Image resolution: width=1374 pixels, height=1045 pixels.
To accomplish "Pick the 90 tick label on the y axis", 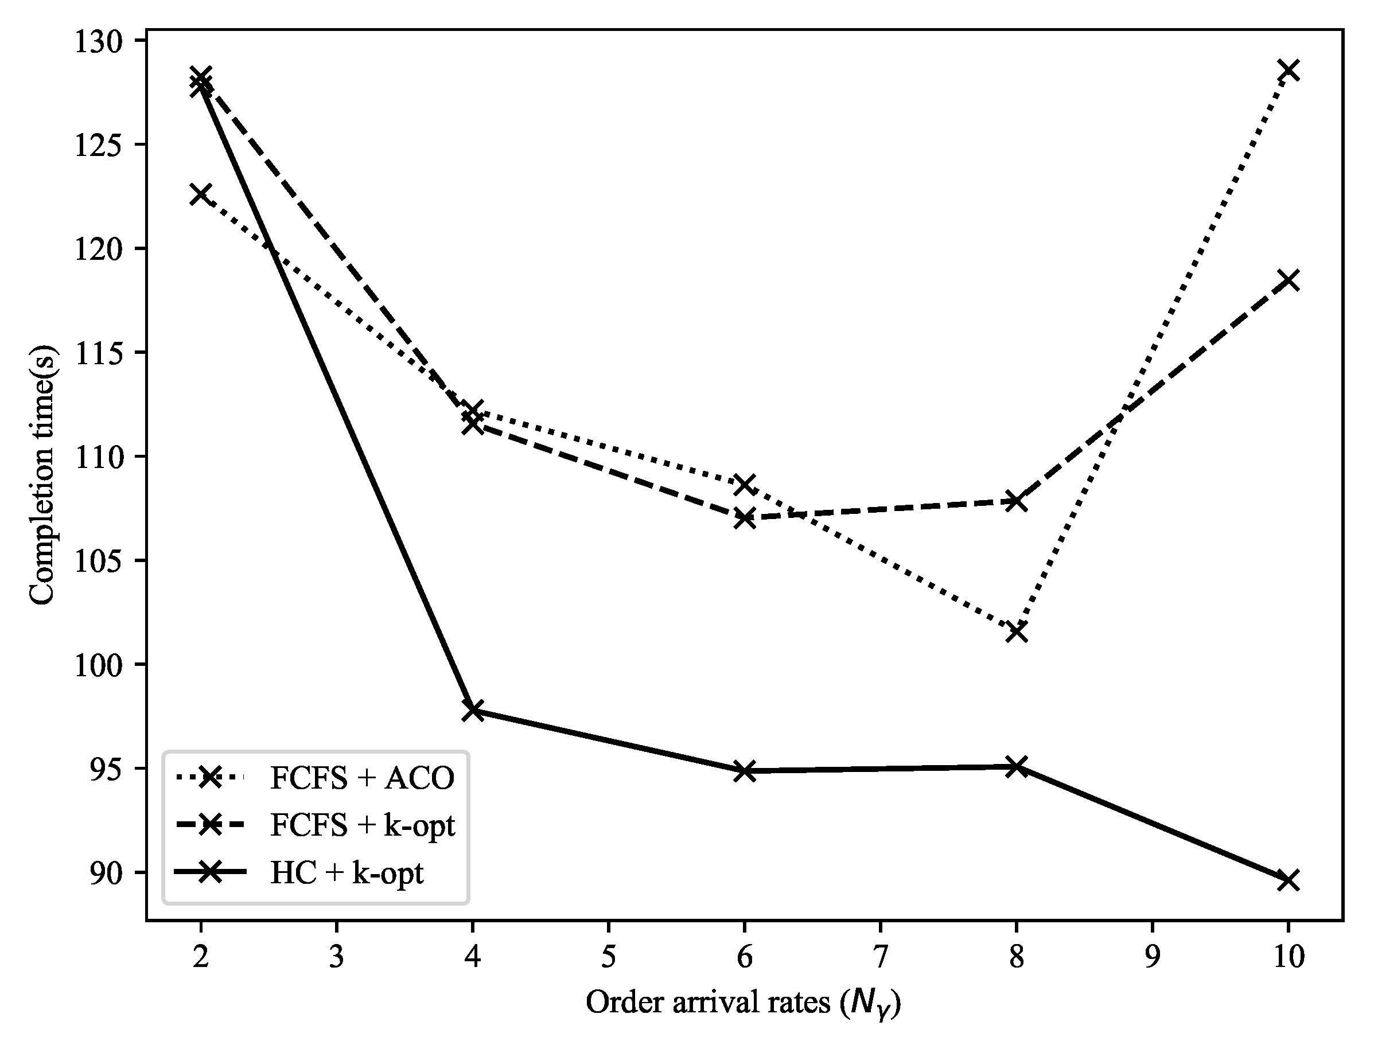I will (x=106, y=873).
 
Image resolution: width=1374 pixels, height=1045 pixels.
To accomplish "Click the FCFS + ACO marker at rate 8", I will (x=1016, y=632).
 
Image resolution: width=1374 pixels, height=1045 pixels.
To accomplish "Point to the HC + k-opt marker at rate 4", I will (x=472, y=711).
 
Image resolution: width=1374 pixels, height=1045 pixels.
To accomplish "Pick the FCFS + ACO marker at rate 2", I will (x=200, y=194).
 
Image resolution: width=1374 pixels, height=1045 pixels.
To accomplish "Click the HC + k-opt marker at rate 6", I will (x=744, y=771).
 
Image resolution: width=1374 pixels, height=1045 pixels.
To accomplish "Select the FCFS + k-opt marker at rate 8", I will (x=1016, y=501).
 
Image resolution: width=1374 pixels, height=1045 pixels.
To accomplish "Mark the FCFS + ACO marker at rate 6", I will (x=744, y=484).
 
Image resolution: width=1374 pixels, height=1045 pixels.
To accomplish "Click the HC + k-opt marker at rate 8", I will (x=1016, y=766).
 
